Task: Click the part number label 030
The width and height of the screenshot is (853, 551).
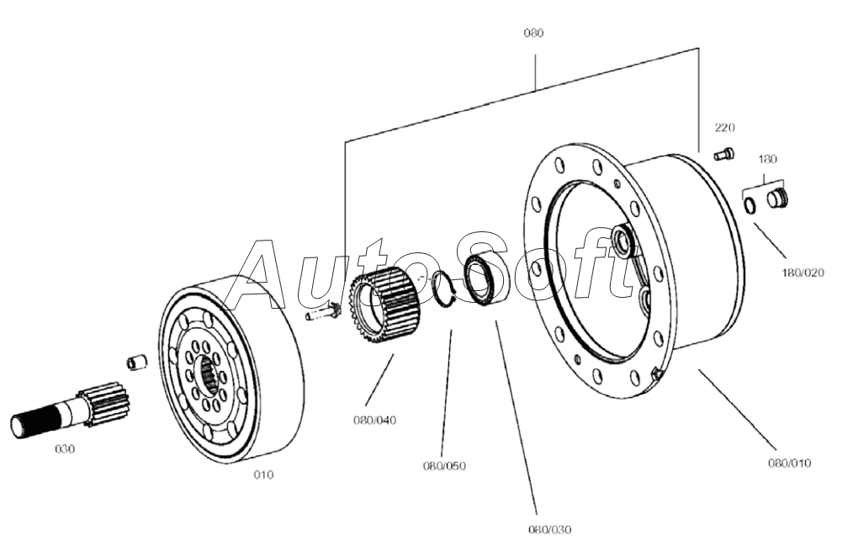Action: [x=65, y=449]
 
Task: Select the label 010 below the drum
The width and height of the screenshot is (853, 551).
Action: [x=264, y=474]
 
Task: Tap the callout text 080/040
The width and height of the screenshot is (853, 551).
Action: [x=375, y=421]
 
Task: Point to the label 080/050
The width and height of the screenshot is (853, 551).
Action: [x=444, y=466]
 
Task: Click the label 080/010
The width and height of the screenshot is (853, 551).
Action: [x=789, y=464]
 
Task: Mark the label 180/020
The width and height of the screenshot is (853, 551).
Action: [x=803, y=273]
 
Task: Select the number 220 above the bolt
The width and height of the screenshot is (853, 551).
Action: [x=724, y=128]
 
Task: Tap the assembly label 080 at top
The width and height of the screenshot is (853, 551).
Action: [x=533, y=33]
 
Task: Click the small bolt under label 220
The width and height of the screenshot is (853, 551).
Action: [x=723, y=154]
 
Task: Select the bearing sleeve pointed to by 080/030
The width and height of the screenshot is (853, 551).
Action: [x=480, y=279]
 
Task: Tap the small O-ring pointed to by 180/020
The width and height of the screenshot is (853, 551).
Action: [x=750, y=206]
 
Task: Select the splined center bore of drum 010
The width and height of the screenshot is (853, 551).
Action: [x=209, y=374]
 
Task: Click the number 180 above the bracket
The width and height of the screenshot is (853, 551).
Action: [x=767, y=159]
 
